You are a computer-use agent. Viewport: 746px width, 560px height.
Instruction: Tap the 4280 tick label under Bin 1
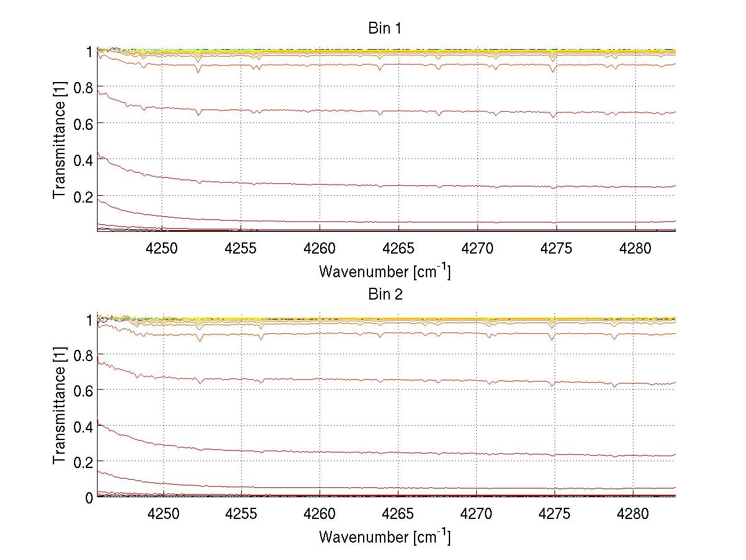(635, 249)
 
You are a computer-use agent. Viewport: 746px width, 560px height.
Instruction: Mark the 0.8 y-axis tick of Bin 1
(83, 87)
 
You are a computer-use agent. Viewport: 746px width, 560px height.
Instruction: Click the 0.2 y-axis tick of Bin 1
(83, 196)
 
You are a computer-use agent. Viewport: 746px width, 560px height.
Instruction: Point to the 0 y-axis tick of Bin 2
(89, 497)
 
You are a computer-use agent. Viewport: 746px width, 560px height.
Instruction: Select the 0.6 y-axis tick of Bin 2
(83, 390)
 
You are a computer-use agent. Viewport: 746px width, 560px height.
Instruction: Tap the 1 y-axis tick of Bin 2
(89, 319)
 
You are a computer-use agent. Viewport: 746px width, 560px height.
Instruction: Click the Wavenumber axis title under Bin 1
(385, 272)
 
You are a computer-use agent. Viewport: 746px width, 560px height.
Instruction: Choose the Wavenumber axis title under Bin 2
(385, 537)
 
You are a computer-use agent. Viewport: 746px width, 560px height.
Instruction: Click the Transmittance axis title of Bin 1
(60, 141)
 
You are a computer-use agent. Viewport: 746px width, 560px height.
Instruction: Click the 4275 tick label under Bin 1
(556, 249)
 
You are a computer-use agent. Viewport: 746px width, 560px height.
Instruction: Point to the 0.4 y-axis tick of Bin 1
(83, 160)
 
